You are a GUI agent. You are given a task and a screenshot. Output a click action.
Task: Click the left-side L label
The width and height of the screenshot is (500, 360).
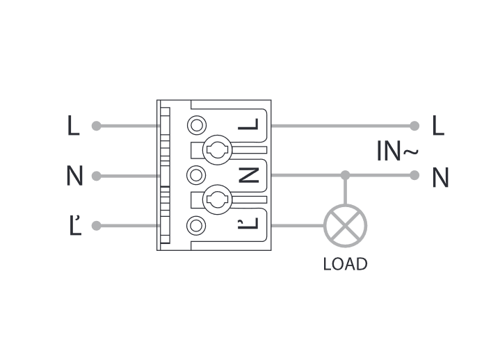[x=73, y=126]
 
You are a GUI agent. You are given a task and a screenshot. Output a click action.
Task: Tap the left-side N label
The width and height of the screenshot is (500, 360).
[x=74, y=176]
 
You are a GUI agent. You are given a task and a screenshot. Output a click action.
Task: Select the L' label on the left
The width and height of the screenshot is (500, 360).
[x=75, y=225]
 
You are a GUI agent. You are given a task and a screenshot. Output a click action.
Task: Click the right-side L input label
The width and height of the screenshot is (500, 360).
[x=437, y=126]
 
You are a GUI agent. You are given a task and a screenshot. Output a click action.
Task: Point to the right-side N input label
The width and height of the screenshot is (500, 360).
[x=439, y=178]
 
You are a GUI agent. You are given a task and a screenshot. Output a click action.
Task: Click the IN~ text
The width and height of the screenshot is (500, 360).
[x=397, y=152]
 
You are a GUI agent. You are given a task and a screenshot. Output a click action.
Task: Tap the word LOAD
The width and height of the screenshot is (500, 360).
[x=345, y=264]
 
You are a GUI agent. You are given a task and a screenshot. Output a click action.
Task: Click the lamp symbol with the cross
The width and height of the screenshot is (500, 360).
[x=345, y=225]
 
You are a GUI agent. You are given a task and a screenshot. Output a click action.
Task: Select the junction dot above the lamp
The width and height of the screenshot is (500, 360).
[x=345, y=175]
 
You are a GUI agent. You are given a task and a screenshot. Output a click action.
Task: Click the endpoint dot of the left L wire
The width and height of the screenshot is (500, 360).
[x=97, y=126]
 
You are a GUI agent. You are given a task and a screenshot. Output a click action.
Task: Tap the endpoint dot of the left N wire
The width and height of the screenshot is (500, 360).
[x=97, y=176]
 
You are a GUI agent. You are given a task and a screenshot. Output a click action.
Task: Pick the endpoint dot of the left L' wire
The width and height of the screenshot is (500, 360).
[x=97, y=225]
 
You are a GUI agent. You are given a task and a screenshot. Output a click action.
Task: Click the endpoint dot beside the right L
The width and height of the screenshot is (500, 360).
[x=414, y=126]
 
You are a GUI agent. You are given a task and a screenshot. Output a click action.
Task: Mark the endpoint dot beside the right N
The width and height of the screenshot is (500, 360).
[x=414, y=175]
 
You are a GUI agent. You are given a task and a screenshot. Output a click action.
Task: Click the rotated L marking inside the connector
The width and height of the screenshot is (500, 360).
[x=248, y=125]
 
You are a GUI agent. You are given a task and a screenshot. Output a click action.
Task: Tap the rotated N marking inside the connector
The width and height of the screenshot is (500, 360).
[x=248, y=175]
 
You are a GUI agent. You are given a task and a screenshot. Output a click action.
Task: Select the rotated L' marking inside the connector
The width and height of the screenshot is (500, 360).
[x=248, y=223]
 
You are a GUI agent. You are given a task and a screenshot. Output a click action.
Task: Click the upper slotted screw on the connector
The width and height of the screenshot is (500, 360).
[x=216, y=149]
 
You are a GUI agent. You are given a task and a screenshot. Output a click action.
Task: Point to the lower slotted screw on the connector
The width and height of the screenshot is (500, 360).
[x=216, y=201]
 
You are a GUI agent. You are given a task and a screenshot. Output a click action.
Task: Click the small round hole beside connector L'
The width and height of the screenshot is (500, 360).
[x=197, y=225]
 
